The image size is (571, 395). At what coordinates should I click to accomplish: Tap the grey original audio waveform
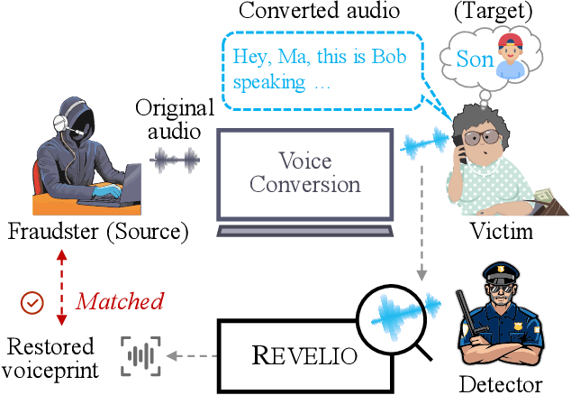pos(173,161)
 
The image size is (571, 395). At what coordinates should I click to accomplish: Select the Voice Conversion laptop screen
pos(305,172)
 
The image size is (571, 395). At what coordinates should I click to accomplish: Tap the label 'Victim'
pos(501,232)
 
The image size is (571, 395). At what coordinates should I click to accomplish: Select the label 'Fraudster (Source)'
pos(98,232)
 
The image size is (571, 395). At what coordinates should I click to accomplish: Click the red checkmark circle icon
pos(32,302)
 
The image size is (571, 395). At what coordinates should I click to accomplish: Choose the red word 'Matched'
pos(119,301)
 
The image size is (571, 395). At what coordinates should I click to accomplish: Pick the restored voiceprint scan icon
pos(140,355)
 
